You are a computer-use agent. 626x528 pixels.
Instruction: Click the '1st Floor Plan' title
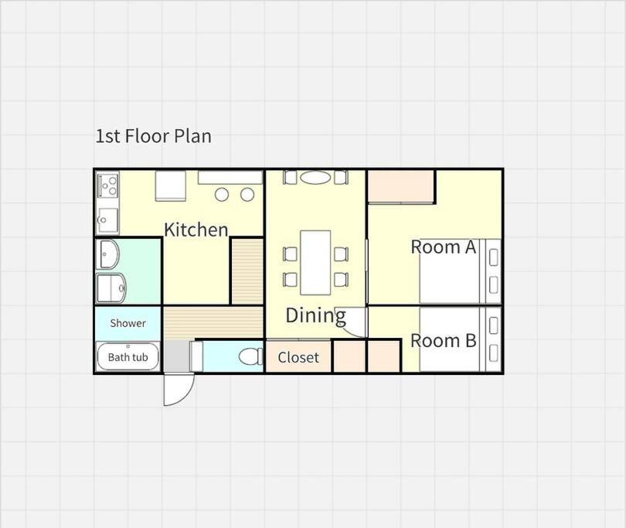pyautogui.click(x=153, y=136)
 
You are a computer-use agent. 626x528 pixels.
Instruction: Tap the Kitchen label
pyautogui.click(x=196, y=230)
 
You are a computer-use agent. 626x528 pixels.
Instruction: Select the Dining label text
pyautogui.click(x=316, y=315)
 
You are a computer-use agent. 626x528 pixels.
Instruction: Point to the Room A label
pyautogui.click(x=444, y=247)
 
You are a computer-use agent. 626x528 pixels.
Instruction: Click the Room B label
pyautogui.click(x=443, y=341)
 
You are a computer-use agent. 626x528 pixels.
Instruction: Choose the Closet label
pyautogui.click(x=298, y=357)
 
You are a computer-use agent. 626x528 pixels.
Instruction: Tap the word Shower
pyautogui.click(x=128, y=323)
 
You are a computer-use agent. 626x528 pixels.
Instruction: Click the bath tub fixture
pyautogui.click(x=128, y=356)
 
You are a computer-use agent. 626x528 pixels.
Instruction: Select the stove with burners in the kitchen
pyautogui.click(x=107, y=186)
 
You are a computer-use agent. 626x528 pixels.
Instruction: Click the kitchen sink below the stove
pyautogui.click(x=107, y=220)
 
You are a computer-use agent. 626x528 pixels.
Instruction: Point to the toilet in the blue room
pyautogui.click(x=250, y=356)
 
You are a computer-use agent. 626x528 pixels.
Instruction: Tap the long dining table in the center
pyautogui.click(x=315, y=262)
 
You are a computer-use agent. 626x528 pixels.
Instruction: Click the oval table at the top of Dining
pyautogui.click(x=315, y=178)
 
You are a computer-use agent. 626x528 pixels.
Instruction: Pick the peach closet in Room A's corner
pyautogui.click(x=400, y=186)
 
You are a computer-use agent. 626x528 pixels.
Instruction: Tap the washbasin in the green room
pyautogui.click(x=107, y=254)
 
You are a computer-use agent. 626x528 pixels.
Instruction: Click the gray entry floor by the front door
pyautogui.click(x=176, y=356)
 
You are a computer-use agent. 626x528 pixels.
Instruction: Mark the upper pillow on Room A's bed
pyautogui.click(x=494, y=257)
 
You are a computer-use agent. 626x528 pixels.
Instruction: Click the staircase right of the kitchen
pyautogui.click(x=247, y=271)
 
